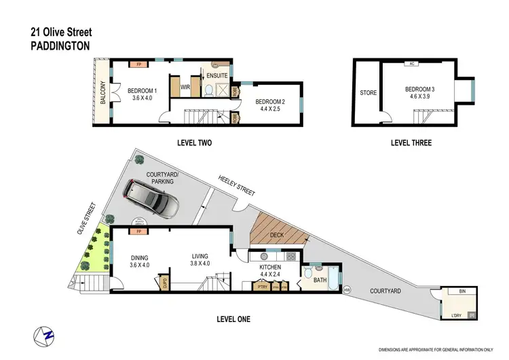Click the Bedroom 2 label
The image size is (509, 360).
(268, 103)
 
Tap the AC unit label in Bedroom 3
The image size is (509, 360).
(411, 65)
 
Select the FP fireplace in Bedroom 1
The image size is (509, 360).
(138, 65)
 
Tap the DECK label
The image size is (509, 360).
(276, 234)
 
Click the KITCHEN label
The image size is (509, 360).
(271, 268)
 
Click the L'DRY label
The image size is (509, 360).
(457, 314)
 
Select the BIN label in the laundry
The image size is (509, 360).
(462, 291)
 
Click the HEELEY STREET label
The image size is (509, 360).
(236, 185)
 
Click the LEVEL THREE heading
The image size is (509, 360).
(411, 143)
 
